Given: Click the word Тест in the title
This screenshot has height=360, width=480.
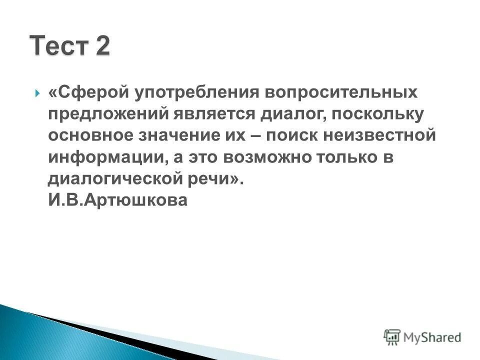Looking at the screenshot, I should tap(58, 46).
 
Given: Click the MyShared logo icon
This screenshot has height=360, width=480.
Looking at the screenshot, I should tap(392, 337).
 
